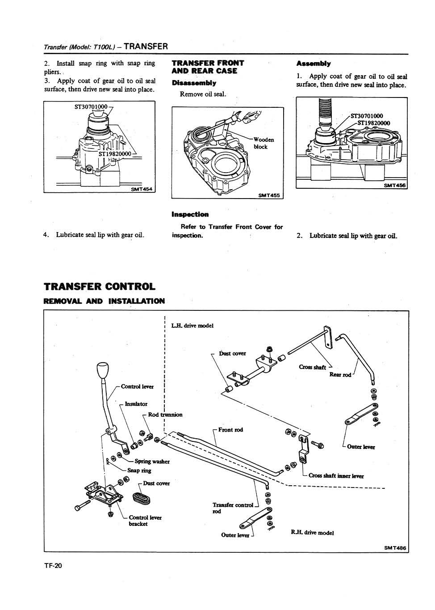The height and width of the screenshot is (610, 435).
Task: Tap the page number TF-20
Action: click(x=53, y=566)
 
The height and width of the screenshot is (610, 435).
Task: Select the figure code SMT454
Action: click(x=142, y=189)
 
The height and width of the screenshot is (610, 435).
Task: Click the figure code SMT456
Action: click(x=394, y=186)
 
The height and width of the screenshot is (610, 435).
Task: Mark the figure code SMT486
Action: click(x=396, y=548)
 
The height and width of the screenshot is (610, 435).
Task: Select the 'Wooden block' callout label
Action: click(x=263, y=143)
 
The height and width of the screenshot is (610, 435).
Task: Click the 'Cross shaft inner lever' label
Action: click(x=336, y=476)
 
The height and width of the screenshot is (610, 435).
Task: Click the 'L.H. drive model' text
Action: click(x=192, y=326)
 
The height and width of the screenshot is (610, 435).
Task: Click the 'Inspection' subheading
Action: click(x=190, y=215)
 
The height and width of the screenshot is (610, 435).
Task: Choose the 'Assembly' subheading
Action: click(x=314, y=64)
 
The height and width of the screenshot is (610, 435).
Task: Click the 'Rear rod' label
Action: click(x=340, y=374)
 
